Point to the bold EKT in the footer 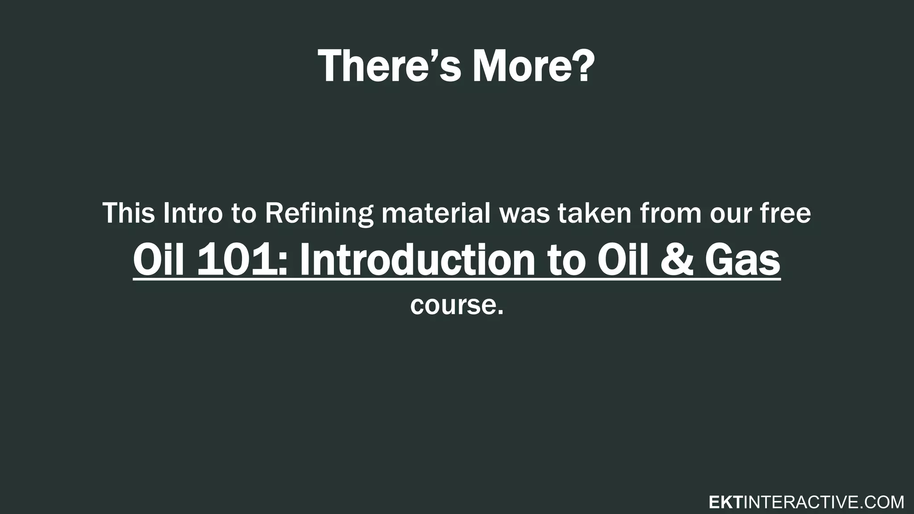point(725,502)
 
